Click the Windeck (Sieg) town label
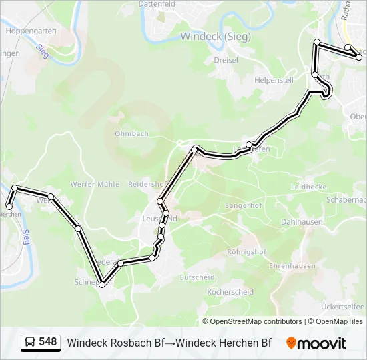click(216, 37)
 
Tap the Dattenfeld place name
click(156, 3)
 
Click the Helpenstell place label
click(274, 80)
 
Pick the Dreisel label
click(226, 60)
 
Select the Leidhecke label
click(308, 187)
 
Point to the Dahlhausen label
click(302, 222)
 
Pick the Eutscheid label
click(197, 277)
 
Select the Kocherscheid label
click(230, 292)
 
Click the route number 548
click(47, 342)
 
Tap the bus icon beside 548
click(30, 343)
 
